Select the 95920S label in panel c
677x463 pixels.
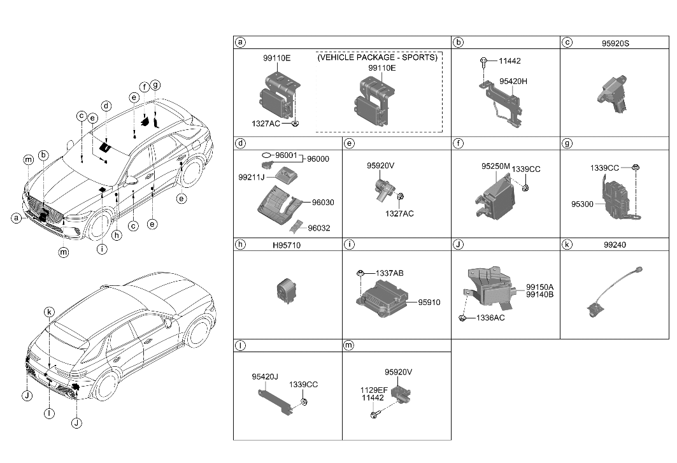pyautogui.click(x=615, y=43)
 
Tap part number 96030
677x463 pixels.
pyautogui.click(x=323, y=203)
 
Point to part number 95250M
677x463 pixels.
pyautogui.click(x=495, y=166)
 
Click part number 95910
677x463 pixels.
pyautogui.click(x=430, y=303)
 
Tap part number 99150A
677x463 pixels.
pyautogui.click(x=539, y=287)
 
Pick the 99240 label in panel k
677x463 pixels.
pyautogui.click(x=615, y=245)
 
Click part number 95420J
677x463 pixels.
pyautogui.click(x=265, y=376)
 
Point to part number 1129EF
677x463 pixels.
pyautogui.click(x=374, y=389)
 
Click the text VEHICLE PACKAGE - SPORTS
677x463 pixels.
pyautogui.click(x=378, y=57)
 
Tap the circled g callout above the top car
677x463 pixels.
pyautogui.click(x=155, y=85)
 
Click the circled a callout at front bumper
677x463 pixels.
pyautogui.click(x=17, y=218)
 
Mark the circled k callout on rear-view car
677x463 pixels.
pyautogui.click(x=49, y=311)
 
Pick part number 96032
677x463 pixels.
pyautogui.click(x=322, y=227)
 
